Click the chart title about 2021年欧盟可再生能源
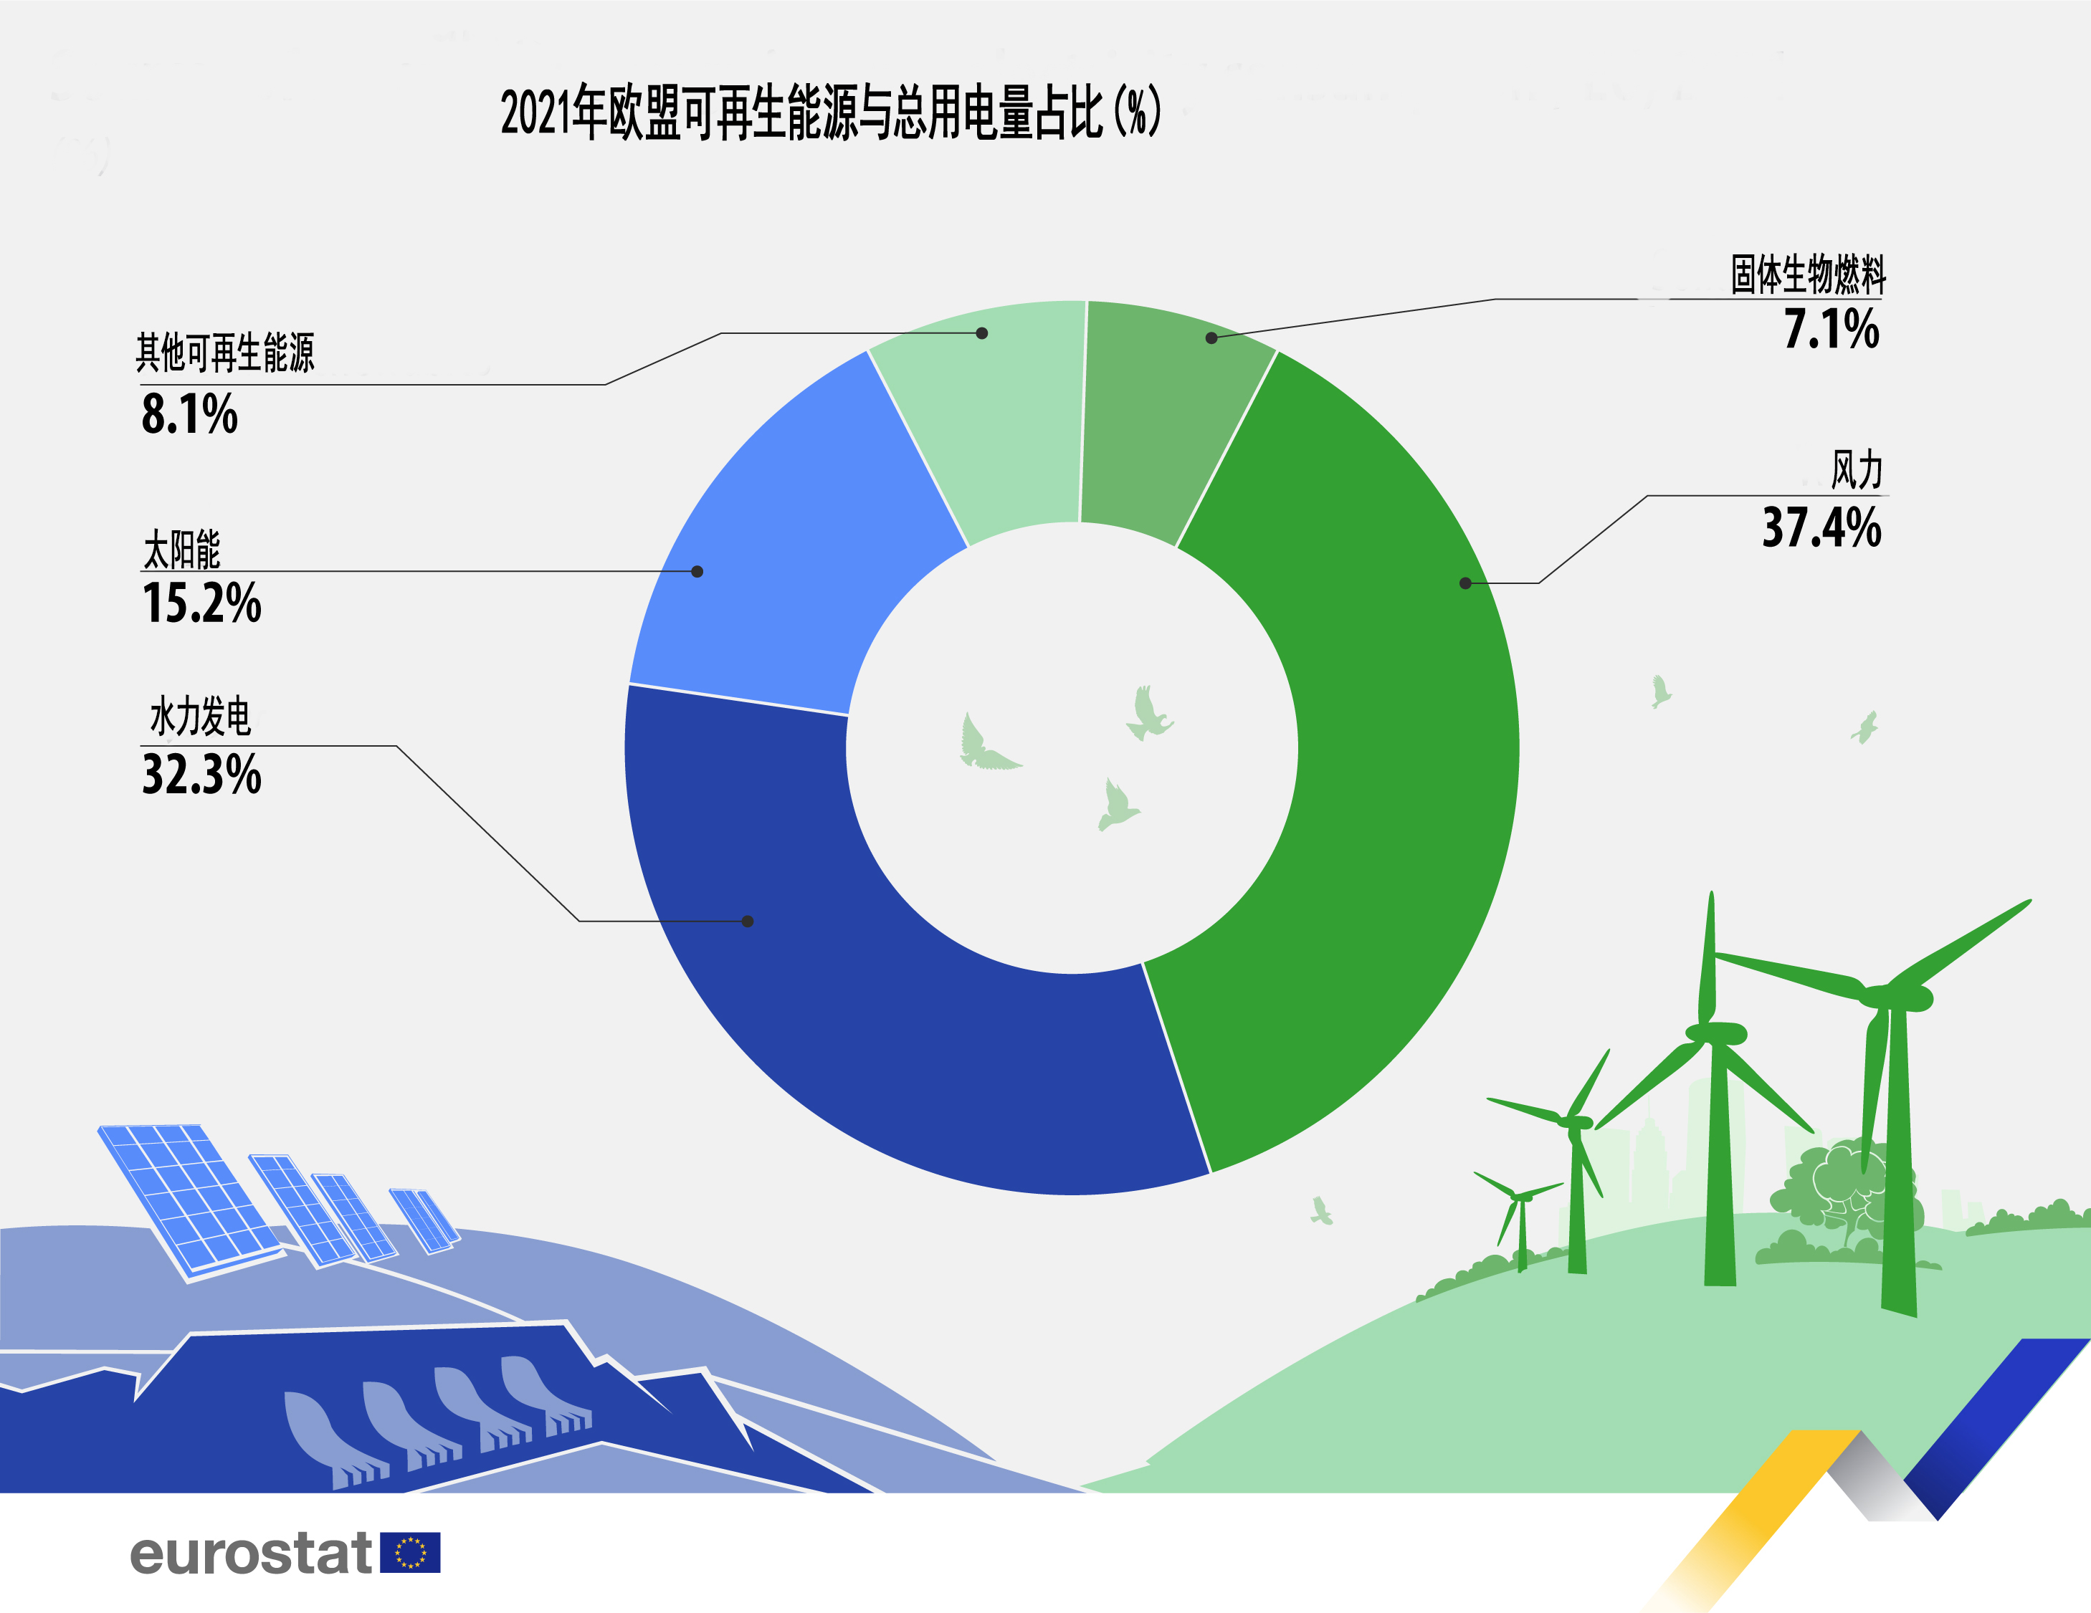830,113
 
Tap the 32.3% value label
201,775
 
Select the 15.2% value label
201,603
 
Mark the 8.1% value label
189,414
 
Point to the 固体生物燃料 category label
1808,274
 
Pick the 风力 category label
1857,471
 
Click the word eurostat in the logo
251,1553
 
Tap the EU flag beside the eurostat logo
410,1553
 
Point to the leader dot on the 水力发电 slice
748,921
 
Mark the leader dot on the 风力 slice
1465,583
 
